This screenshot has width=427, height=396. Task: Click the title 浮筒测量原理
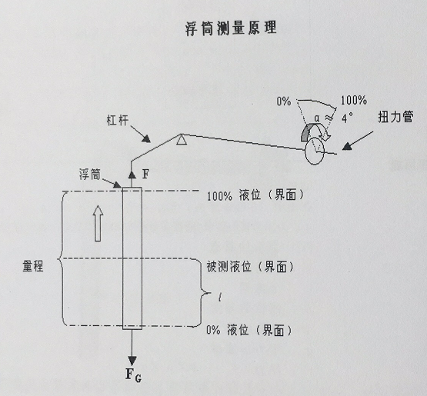click(231, 28)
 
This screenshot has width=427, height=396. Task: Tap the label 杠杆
click(118, 120)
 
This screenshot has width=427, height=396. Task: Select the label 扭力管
click(395, 117)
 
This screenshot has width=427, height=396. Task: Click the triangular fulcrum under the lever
click(182, 140)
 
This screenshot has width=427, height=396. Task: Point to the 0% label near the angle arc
click(284, 101)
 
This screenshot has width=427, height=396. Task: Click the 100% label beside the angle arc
click(354, 101)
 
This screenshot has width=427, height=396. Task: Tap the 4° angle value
click(347, 118)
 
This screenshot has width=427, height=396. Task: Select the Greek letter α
click(317, 118)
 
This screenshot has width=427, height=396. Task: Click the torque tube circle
click(315, 151)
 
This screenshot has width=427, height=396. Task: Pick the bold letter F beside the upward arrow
click(145, 174)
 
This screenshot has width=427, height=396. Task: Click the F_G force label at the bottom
click(133, 374)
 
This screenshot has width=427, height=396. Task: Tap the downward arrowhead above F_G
click(132, 361)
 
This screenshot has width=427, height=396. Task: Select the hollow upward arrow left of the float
click(98, 224)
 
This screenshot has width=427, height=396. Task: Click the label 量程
click(33, 266)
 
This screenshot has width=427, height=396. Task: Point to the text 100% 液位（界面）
click(255, 195)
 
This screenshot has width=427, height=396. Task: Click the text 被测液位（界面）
click(250, 267)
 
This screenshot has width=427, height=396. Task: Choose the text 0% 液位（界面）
click(249, 330)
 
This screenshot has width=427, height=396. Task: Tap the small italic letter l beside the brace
click(220, 298)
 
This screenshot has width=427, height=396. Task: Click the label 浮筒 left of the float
click(90, 175)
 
